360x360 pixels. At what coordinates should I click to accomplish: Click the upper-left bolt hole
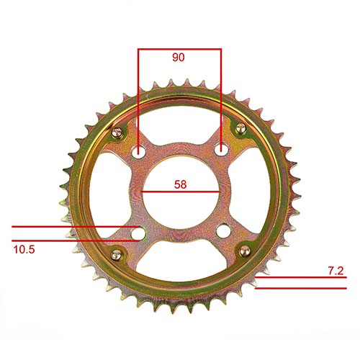(139, 152)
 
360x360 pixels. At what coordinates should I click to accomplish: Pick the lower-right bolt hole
(223, 232)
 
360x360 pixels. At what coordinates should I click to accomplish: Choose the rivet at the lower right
(244, 250)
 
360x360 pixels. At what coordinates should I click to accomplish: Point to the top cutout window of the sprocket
(180, 122)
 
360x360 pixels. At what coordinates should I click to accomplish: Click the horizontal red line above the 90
(179, 49)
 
